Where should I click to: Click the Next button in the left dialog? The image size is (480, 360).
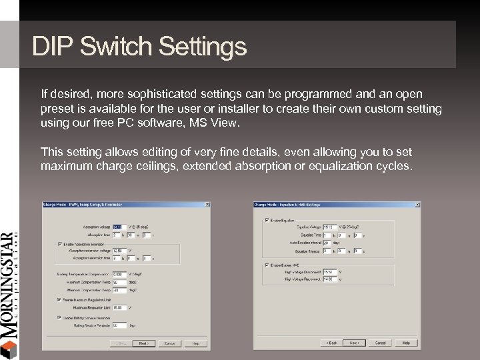(x=144, y=343)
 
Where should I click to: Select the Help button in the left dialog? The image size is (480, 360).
(x=195, y=343)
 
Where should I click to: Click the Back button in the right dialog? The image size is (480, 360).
(x=331, y=343)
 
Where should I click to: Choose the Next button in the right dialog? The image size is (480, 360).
(x=355, y=343)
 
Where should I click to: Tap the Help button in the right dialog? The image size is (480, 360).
(x=405, y=343)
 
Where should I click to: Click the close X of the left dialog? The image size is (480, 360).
(x=206, y=205)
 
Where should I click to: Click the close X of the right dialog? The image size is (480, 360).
(x=417, y=205)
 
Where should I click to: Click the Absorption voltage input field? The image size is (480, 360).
(x=119, y=227)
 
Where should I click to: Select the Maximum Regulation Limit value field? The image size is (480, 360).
(x=119, y=307)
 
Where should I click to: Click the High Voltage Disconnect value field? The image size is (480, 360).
(x=329, y=272)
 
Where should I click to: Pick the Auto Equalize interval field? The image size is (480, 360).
(x=327, y=243)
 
